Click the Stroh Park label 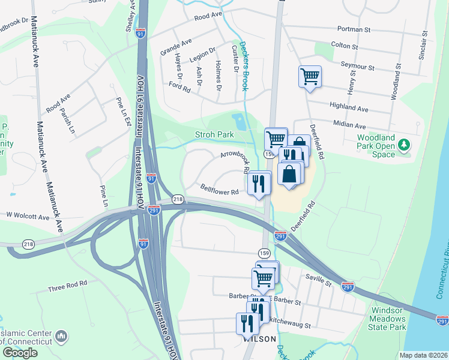click(214, 135)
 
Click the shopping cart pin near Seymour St click(310, 77)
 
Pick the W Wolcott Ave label click(27, 214)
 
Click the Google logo click(20, 352)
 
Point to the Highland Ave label click(351, 109)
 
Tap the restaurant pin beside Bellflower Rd click(259, 183)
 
